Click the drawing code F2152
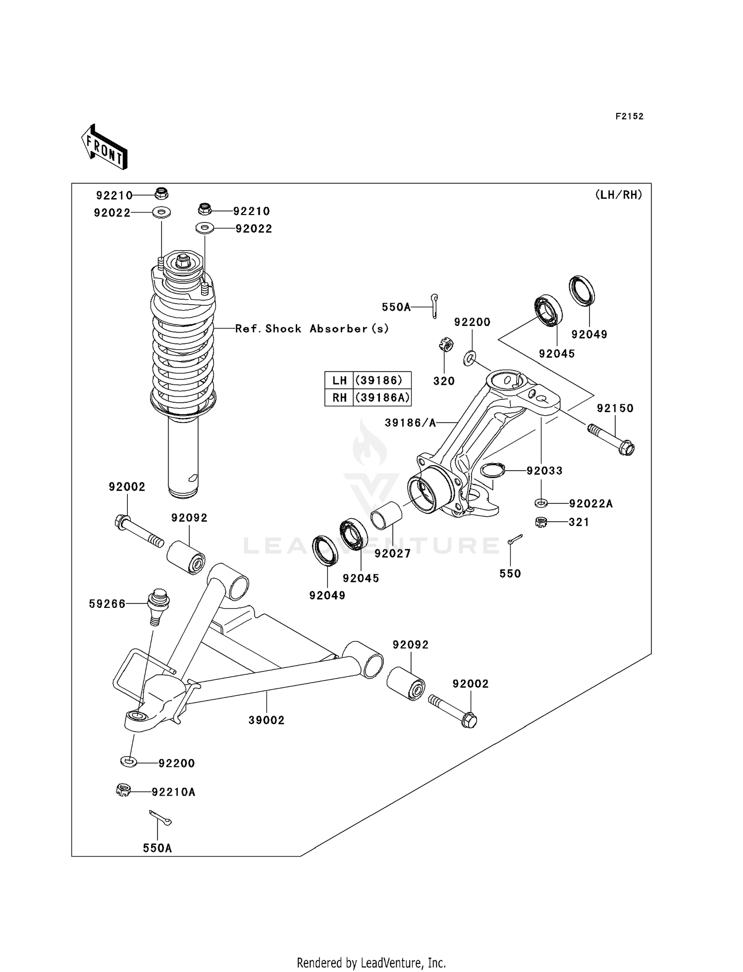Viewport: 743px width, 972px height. (629, 116)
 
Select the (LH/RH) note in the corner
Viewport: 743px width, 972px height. (618, 195)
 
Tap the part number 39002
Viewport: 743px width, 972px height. (266, 720)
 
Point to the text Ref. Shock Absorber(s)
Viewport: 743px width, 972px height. (312, 329)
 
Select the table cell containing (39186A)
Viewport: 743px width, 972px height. (382, 397)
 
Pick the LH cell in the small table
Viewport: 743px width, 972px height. (339, 380)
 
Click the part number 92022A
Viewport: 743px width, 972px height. (590, 504)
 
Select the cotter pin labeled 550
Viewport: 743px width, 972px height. (514, 539)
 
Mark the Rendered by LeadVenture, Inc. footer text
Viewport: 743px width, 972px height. (371, 963)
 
